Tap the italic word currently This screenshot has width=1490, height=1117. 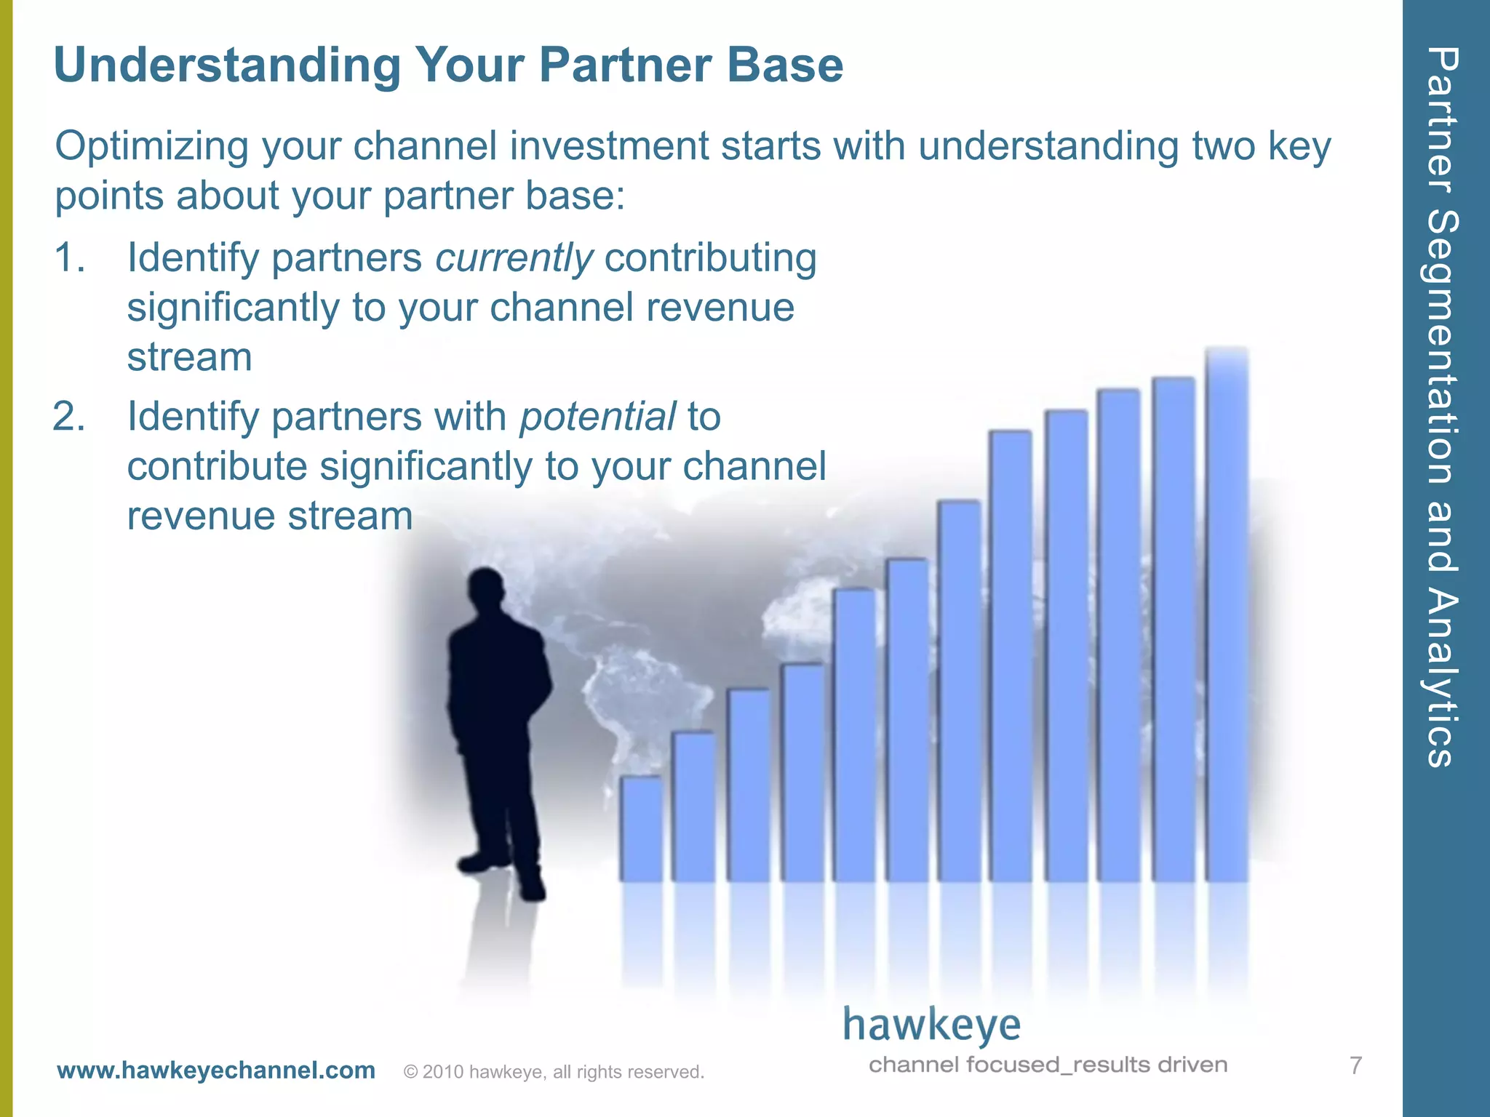(x=514, y=258)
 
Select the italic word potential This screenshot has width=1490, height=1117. (x=597, y=417)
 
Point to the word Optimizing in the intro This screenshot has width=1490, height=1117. (x=151, y=147)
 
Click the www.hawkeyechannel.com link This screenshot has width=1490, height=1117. (x=216, y=1070)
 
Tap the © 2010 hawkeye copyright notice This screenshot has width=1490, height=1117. (x=554, y=1072)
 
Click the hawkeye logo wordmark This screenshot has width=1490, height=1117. (x=932, y=1025)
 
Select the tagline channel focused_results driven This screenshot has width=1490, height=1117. (x=1048, y=1065)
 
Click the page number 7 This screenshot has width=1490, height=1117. (x=1355, y=1065)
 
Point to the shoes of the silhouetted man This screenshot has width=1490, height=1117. (x=502, y=873)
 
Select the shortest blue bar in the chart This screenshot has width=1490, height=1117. (x=641, y=829)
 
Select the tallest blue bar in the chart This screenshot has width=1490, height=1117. (x=1227, y=618)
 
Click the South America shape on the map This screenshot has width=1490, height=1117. (x=640, y=698)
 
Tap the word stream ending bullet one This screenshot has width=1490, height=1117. (x=189, y=358)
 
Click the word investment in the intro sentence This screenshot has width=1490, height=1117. (x=608, y=147)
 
